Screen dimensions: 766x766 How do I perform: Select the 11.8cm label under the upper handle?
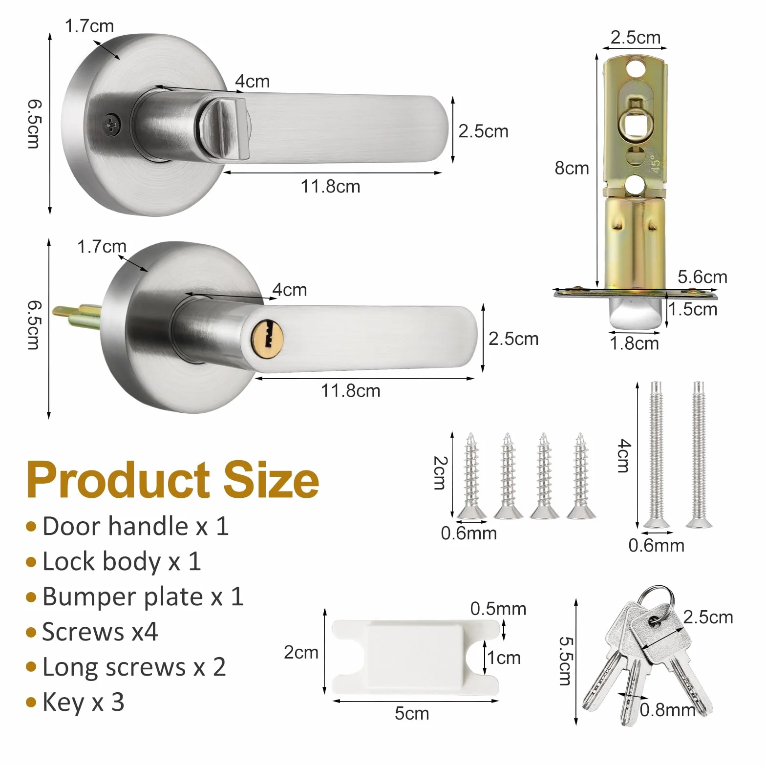[x=330, y=186]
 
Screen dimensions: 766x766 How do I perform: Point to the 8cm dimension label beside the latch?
[x=572, y=168]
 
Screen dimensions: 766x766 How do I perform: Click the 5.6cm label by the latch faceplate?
[x=702, y=277]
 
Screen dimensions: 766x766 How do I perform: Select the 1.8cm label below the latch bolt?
[x=634, y=343]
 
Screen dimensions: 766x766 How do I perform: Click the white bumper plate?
[x=415, y=657]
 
